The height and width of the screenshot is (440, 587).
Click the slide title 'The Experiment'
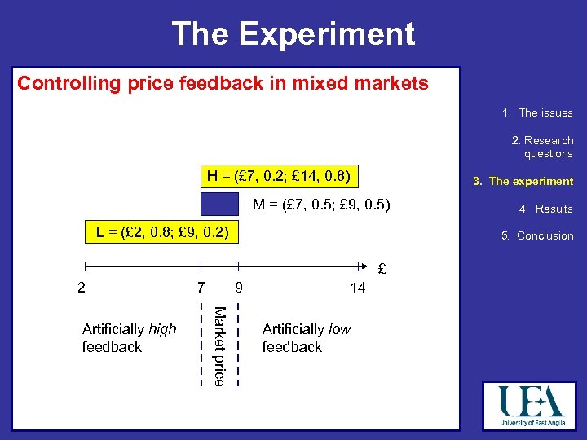pos(293,34)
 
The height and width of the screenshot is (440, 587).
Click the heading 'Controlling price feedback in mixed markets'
pos(223,83)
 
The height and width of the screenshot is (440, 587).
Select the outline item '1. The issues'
pos(537,113)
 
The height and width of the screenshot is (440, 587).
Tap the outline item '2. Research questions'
pos(542,147)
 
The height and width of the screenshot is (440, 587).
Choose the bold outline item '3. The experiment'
pos(523,182)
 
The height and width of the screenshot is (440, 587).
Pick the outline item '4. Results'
pos(545,209)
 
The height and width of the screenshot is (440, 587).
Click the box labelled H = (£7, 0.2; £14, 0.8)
pos(279,175)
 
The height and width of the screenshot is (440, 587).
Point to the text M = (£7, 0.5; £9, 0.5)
pos(321,205)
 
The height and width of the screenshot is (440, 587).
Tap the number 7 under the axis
pos(201,288)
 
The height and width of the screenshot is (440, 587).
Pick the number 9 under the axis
pos(237,288)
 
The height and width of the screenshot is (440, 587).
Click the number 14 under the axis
pos(357,288)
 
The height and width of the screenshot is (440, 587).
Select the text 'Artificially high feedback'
pos(129,338)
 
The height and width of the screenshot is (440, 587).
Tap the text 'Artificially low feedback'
pos(306,338)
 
